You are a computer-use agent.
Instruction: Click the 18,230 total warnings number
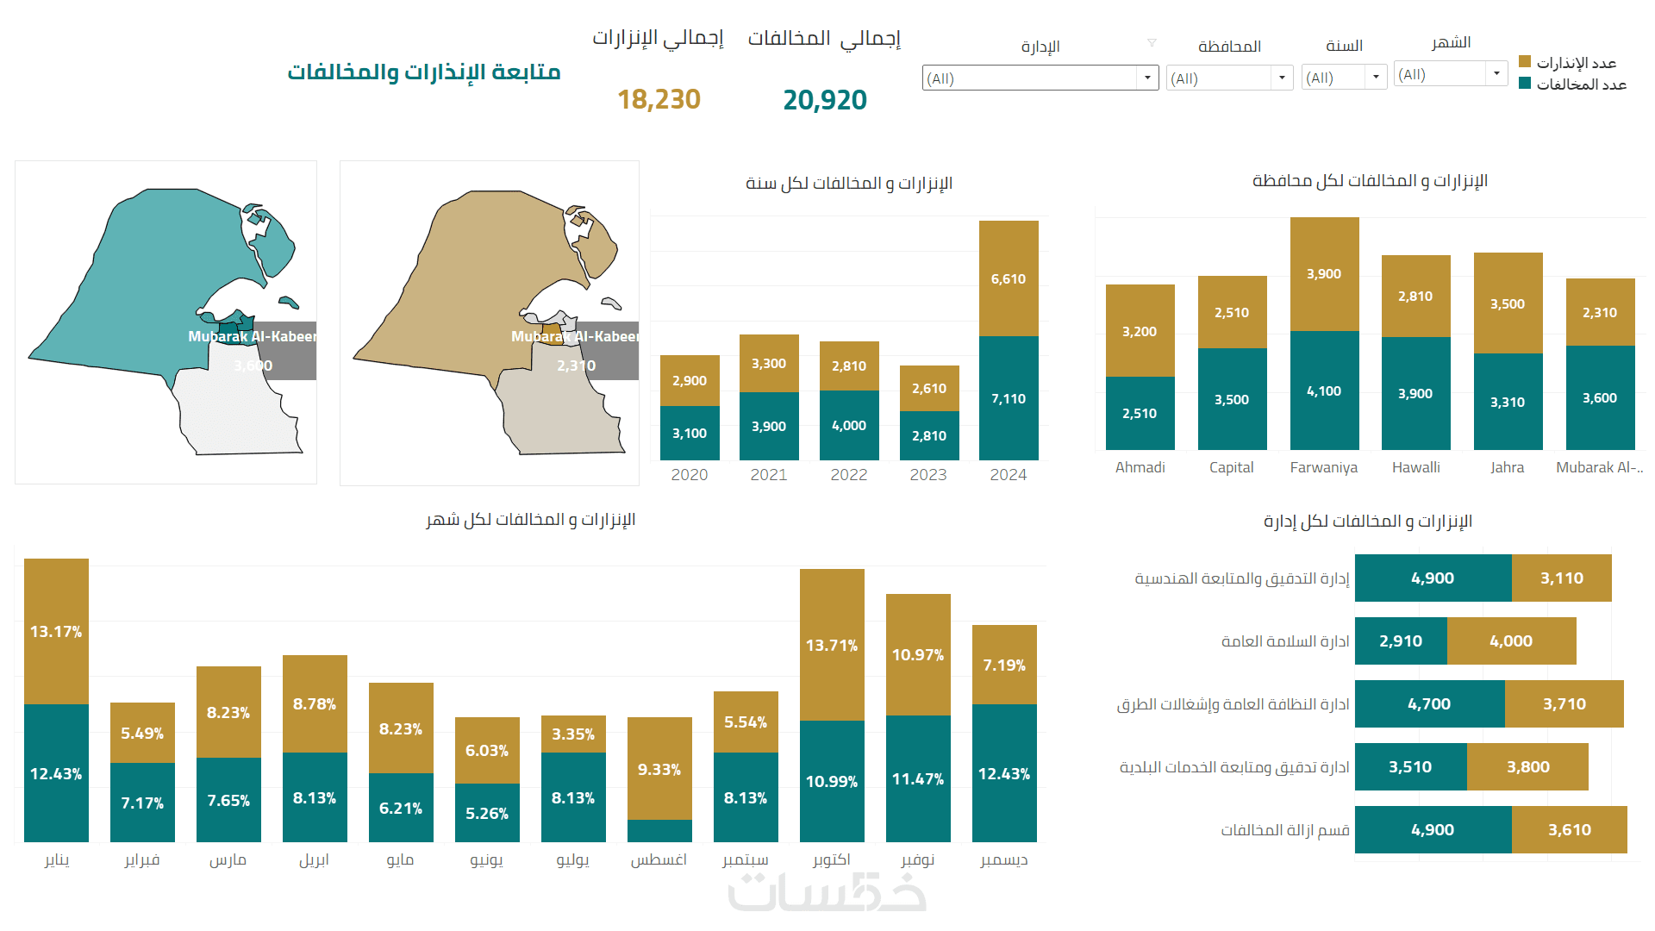click(659, 100)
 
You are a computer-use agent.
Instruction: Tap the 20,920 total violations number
click(825, 100)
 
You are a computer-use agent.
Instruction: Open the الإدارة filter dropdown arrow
click(1147, 78)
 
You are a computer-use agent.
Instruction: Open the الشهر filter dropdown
click(1496, 74)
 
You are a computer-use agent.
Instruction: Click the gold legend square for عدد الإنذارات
click(1525, 62)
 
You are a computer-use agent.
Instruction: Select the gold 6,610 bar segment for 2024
click(1009, 278)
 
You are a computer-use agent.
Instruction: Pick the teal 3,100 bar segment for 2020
click(690, 433)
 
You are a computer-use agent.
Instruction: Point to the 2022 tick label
click(849, 475)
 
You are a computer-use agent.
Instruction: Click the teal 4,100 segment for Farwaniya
click(1324, 391)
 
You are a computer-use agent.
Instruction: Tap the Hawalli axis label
click(1415, 467)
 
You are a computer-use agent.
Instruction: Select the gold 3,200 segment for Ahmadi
click(1140, 331)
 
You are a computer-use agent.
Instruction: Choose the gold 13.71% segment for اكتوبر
click(832, 645)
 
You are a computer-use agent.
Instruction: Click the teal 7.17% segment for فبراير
click(142, 803)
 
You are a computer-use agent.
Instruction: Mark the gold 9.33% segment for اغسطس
click(659, 769)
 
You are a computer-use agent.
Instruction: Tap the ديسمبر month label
click(1004, 860)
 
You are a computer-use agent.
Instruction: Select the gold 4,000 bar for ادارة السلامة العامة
click(1511, 641)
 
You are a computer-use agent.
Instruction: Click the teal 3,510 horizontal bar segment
click(1410, 767)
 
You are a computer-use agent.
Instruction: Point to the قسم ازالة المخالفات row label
click(1284, 830)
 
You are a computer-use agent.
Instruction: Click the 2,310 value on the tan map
click(576, 366)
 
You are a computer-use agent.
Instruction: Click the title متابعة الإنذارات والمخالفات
click(424, 72)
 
